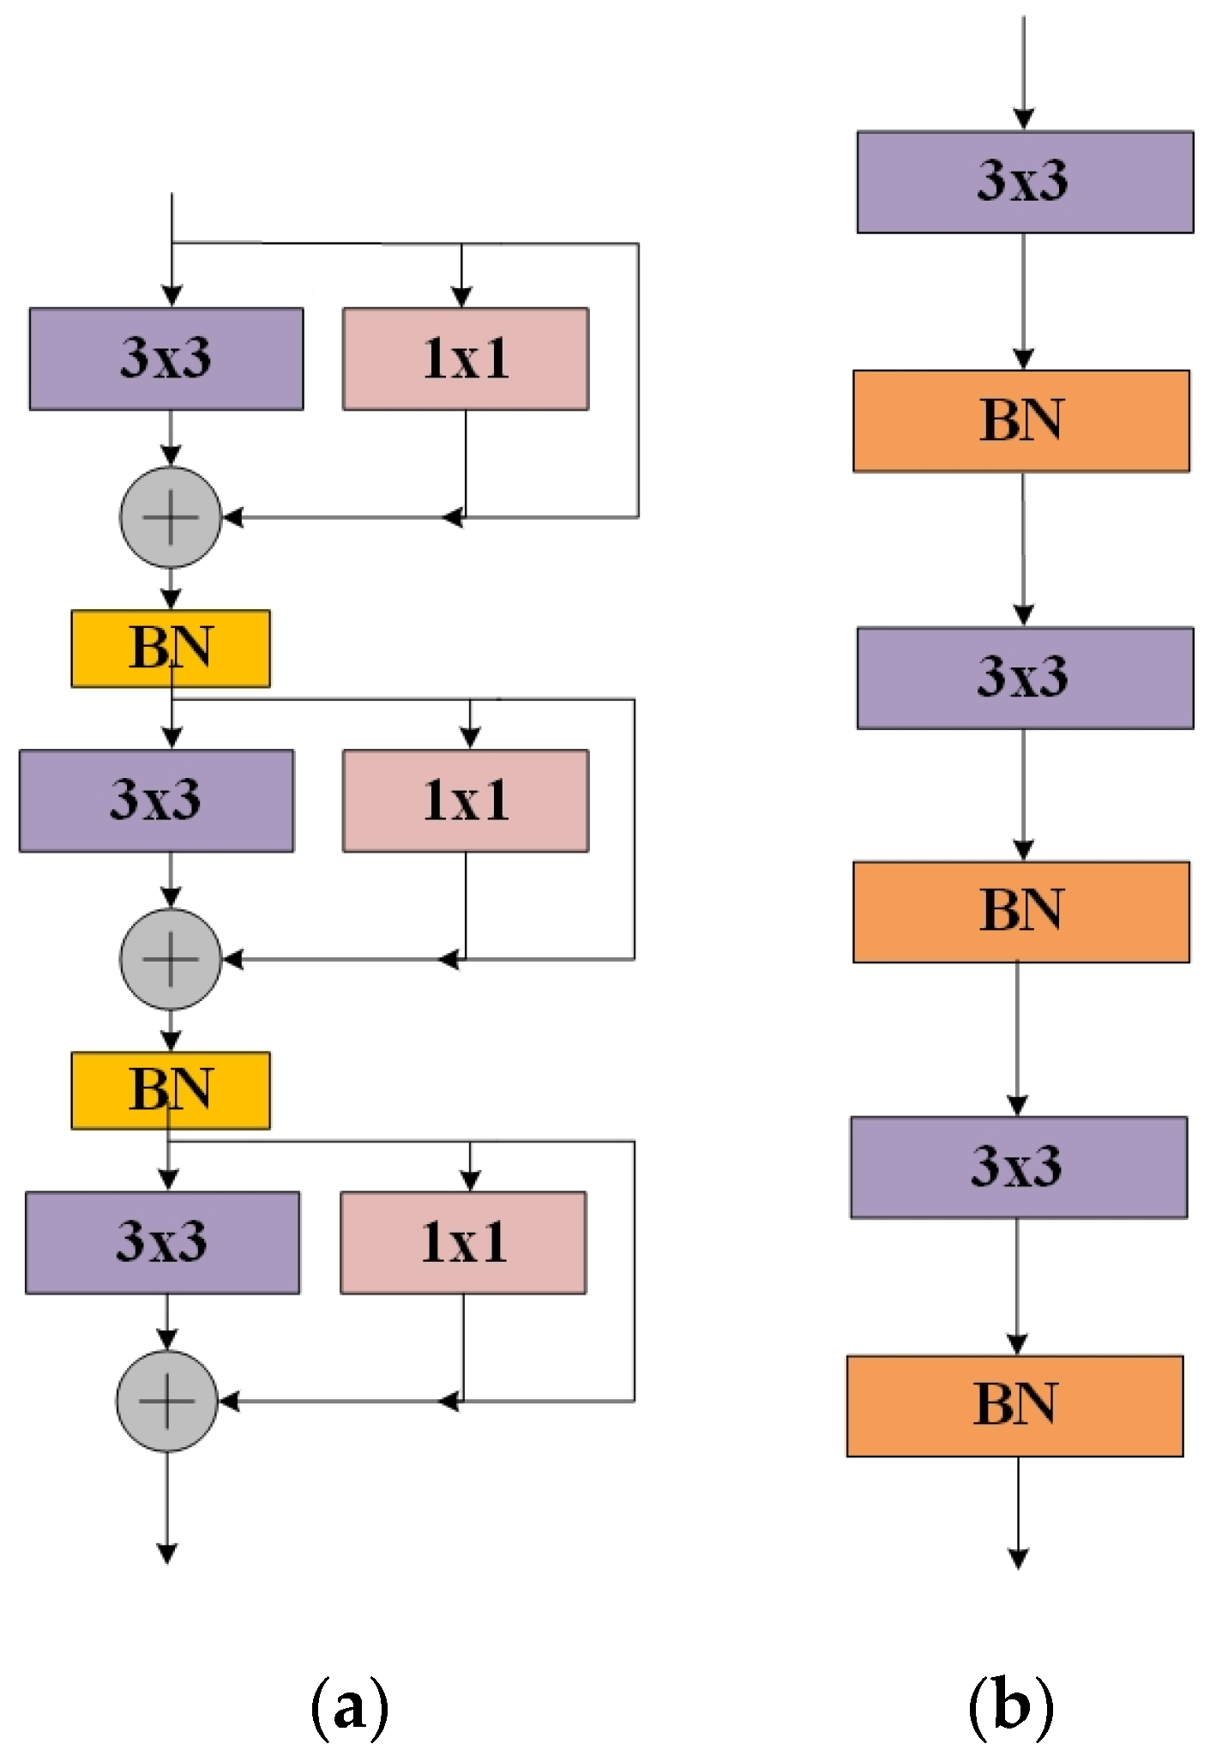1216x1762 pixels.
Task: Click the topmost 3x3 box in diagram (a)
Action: click(x=166, y=359)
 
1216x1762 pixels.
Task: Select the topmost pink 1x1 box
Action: click(x=466, y=359)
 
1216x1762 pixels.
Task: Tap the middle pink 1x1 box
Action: click(x=466, y=800)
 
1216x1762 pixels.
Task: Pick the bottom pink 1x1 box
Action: click(x=463, y=1242)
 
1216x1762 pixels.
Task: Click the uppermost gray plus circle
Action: click(x=171, y=517)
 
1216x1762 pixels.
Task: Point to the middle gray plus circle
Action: click(x=171, y=959)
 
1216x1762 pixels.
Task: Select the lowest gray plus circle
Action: click(x=167, y=1401)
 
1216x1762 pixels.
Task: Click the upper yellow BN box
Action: click(x=171, y=649)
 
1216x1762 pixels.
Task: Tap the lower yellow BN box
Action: click(x=171, y=1090)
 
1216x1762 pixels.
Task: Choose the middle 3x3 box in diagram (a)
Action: click(x=156, y=800)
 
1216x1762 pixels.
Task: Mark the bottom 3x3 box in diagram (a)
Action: click(x=162, y=1242)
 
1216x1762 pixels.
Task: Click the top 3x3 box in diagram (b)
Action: click(x=1025, y=182)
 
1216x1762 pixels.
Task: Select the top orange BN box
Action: click(x=1020, y=421)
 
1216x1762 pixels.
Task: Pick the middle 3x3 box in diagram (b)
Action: click(x=1025, y=678)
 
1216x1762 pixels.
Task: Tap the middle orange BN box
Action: click(x=1020, y=912)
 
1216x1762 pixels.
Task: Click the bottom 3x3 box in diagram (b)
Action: click(x=1019, y=1167)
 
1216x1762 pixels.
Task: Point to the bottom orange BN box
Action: click(x=1014, y=1406)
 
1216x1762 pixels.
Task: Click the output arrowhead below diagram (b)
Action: click(x=1018, y=1558)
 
